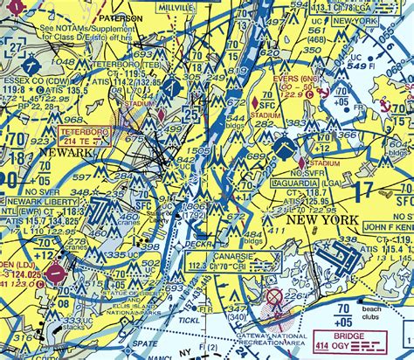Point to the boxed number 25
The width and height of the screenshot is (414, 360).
(191, 113)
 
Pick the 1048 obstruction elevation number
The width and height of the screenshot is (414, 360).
(62, 63)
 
